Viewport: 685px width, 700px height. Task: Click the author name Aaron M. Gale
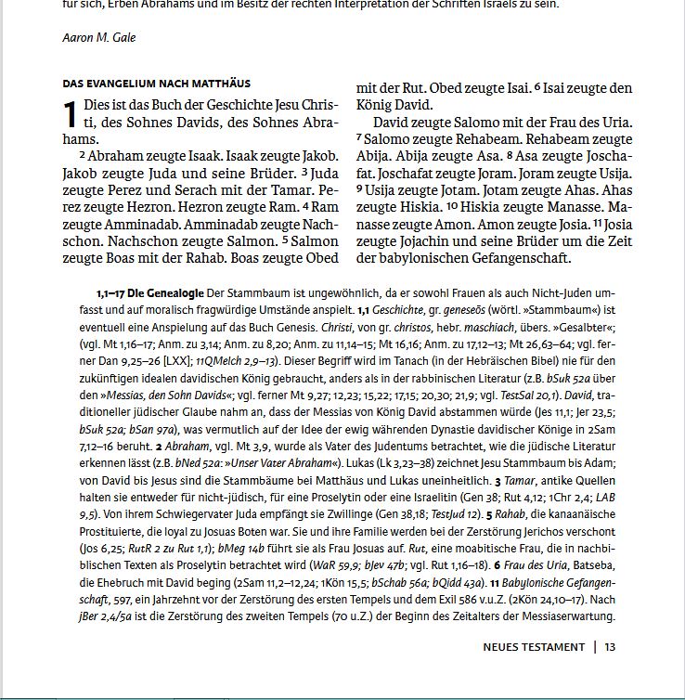click(97, 39)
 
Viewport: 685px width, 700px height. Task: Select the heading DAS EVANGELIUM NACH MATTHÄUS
click(156, 84)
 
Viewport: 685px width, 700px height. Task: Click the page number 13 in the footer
click(610, 646)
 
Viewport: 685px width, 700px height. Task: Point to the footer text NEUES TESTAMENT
click(534, 646)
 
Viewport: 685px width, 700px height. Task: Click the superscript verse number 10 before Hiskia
click(453, 206)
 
